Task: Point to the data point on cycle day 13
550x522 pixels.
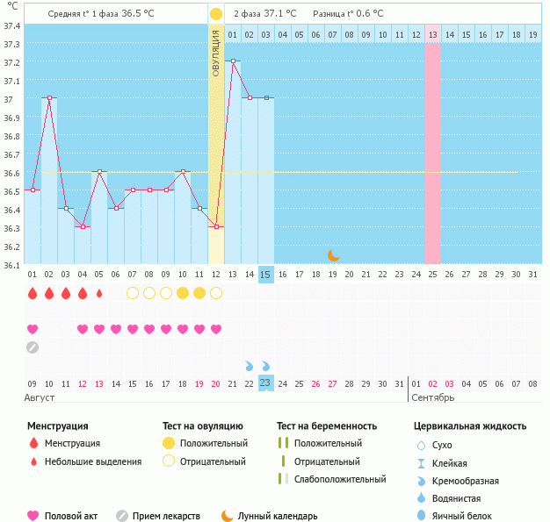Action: pos(233,61)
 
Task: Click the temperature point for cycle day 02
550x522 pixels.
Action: pos(49,98)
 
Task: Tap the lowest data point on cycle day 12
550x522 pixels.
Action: pos(216,226)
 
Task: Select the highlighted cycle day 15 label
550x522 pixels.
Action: pos(266,275)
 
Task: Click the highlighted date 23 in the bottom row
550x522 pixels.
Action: pos(266,383)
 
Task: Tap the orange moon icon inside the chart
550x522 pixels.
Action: pos(334,255)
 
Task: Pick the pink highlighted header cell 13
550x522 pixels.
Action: pos(432,34)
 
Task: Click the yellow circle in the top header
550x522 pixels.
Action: pos(216,14)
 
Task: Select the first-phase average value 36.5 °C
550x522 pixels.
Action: pos(144,14)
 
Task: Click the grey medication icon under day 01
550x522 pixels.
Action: pos(33,347)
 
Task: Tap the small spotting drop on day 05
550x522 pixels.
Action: pos(99,293)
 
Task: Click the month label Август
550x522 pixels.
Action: pos(40,397)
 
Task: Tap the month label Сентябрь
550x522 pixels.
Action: pos(433,397)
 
